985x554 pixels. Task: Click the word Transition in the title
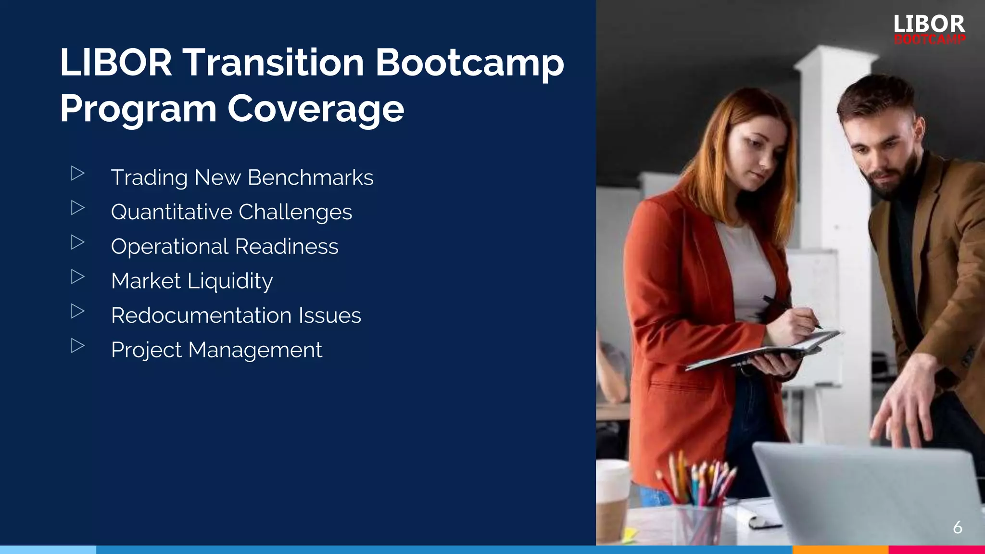click(273, 63)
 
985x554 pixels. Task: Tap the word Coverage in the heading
click(316, 109)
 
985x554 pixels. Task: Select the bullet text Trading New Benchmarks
click(242, 177)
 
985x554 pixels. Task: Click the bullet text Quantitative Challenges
click(231, 212)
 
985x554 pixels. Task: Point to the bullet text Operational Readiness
click(225, 247)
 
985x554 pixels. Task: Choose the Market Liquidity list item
click(192, 281)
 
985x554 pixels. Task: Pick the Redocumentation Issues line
click(236, 316)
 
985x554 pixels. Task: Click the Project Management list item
click(216, 350)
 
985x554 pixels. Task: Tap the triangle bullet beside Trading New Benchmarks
click(77, 173)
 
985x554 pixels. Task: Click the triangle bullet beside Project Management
click(77, 346)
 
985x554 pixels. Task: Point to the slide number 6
click(957, 528)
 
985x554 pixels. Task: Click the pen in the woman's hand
click(791, 312)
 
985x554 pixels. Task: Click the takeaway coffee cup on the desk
click(612, 500)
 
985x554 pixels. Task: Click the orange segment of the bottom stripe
click(840, 550)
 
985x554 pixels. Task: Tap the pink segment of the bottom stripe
click(936, 550)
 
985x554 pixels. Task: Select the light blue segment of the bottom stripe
click(48, 550)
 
